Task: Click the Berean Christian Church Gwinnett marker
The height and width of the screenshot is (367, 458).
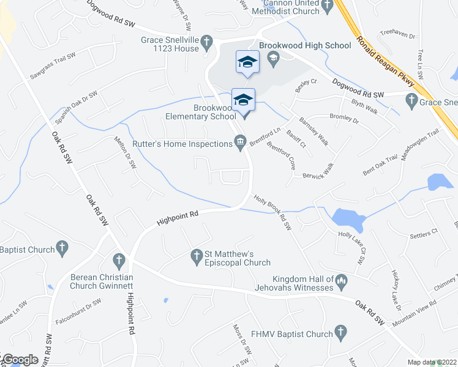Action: (118, 260)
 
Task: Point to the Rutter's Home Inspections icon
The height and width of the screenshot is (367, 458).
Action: (241, 143)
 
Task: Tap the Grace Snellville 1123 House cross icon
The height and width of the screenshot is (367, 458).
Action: (207, 42)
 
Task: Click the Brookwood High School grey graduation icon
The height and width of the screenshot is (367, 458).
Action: (273, 57)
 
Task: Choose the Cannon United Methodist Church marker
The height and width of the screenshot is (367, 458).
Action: (327, 7)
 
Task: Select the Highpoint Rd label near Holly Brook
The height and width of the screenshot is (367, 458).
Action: (178, 216)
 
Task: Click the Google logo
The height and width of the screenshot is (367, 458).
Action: (20, 360)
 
